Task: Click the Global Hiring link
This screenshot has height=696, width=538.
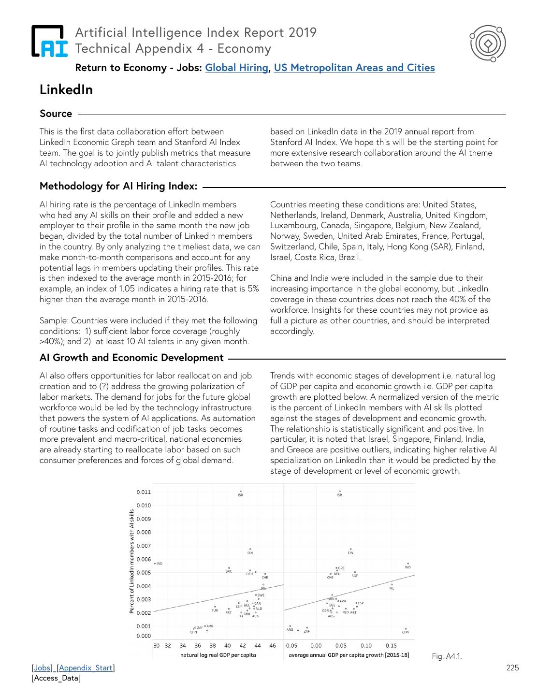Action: coord(236,68)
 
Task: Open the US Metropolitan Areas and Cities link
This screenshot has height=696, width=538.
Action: coord(354,68)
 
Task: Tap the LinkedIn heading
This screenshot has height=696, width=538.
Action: coord(66,90)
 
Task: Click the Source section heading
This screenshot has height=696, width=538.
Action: coord(56,114)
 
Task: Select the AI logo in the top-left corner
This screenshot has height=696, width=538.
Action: coord(50,41)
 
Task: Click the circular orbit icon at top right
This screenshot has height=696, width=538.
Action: coord(487,44)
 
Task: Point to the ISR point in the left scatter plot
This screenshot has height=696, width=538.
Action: coord(240,492)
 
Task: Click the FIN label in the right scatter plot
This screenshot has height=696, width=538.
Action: coord(350,552)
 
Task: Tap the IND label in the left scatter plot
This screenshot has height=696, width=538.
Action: coord(160,564)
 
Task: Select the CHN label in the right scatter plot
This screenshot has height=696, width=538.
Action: coord(405,632)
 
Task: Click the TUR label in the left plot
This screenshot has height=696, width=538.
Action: coord(215,610)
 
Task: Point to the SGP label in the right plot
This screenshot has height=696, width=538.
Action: coord(355,576)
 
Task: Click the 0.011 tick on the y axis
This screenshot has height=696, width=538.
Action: coord(144,493)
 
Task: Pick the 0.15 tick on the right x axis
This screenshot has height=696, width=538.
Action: coord(391,645)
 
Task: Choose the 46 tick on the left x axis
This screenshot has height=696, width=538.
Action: coord(273,645)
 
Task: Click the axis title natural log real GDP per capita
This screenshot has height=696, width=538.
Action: coord(218,655)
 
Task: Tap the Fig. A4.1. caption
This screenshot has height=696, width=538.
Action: coord(447,656)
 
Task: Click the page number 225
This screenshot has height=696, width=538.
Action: coord(512,668)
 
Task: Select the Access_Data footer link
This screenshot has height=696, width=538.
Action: coord(56,678)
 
